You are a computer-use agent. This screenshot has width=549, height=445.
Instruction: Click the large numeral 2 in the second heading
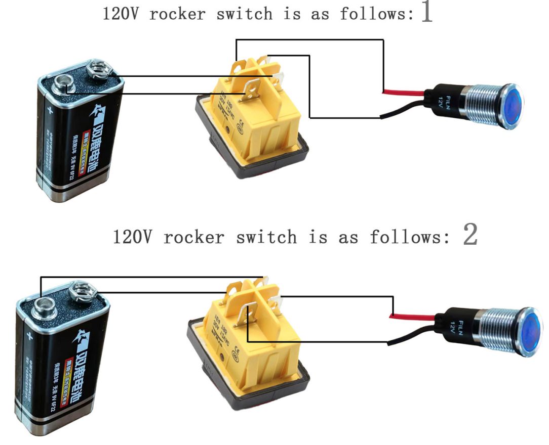[470, 235]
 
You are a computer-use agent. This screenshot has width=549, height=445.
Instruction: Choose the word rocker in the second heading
[193, 237]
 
